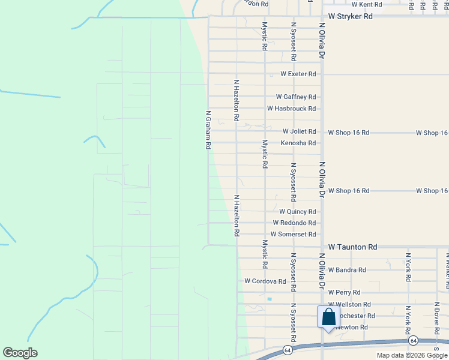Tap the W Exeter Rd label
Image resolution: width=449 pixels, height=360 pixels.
point(298,74)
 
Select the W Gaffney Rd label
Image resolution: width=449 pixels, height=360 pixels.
point(295,97)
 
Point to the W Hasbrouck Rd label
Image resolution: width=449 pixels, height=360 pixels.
point(291,109)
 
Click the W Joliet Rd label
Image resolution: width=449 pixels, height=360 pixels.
point(299,131)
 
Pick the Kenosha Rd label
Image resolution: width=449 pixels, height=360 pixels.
point(298,143)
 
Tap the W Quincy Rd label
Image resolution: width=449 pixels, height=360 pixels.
point(297,212)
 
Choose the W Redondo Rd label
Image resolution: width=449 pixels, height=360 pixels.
point(294,223)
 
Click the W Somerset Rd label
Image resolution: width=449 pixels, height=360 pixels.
point(293,235)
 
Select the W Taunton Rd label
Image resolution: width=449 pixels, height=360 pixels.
point(352,247)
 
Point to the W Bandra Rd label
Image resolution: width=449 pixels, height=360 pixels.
point(347,270)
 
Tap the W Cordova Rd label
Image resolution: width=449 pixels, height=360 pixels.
point(265,281)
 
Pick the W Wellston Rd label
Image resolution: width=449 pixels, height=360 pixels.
point(349,304)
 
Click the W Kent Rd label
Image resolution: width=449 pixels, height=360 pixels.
point(367,4)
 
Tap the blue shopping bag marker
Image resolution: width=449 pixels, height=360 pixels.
point(328,317)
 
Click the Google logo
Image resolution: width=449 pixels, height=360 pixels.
point(20,353)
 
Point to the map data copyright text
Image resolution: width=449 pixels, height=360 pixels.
point(412,355)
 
